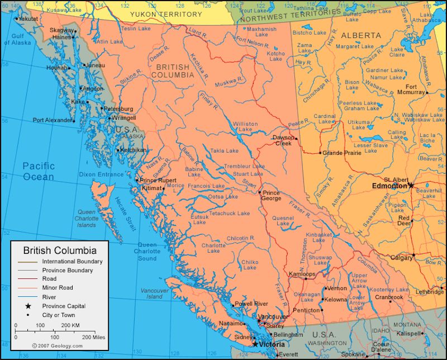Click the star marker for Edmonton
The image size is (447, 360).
411,185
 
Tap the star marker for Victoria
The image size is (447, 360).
255,344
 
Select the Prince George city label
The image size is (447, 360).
271,196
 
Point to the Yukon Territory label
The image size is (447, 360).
166,14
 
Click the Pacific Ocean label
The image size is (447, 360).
39,171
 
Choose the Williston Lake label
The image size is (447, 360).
245,127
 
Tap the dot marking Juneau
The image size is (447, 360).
84,65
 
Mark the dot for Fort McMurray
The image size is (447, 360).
427,92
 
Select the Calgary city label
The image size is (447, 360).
401,258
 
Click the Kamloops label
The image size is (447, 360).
302,274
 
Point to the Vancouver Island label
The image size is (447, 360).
155,293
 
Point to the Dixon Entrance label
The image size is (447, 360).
101,174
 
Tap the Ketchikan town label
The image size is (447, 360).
134,150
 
